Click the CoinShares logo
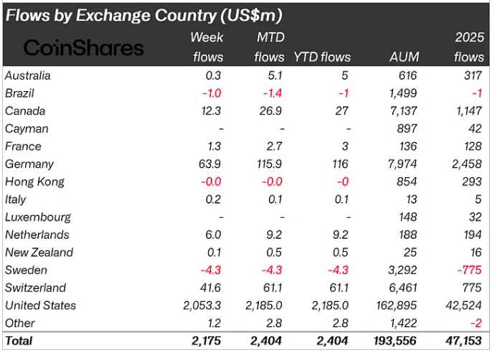(84, 47)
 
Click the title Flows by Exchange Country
(143, 14)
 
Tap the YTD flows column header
(322, 57)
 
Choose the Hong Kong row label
(34, 181)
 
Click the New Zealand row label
(39, 252)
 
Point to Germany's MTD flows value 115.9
(270, 164)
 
